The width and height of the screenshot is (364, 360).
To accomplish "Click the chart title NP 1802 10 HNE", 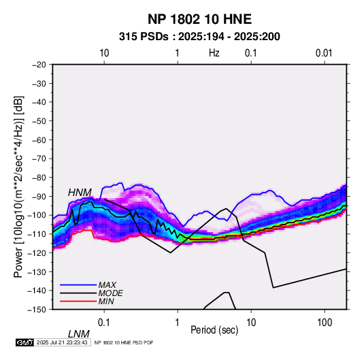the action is click(199, 19).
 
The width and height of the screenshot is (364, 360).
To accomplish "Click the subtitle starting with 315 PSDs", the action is click(199, 37).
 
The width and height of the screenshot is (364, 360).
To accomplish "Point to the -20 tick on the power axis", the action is click(39, 65).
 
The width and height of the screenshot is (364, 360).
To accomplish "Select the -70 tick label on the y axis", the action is click(39, 159).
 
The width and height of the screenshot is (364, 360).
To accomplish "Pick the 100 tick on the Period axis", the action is click(325, 323).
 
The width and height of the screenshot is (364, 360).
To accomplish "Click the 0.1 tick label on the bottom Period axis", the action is click(103, 323).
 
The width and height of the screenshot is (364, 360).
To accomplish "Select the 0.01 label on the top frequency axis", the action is click(324, 53).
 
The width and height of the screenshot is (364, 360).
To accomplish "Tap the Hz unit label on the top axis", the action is click(214, 53).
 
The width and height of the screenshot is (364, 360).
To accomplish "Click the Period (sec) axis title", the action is click(214, 329).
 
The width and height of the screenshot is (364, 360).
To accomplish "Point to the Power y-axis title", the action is click(19, 186).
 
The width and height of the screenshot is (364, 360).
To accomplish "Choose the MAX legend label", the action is click(107, 284).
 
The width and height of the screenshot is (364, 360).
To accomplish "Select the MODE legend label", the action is click(110, 293).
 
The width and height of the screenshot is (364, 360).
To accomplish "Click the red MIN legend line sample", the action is click(78, 301).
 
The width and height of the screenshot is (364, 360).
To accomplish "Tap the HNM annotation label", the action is click(80, 193).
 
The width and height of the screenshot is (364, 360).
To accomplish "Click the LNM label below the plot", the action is click(79, 334).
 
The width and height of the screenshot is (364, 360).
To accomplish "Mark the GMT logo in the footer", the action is click(25, 342).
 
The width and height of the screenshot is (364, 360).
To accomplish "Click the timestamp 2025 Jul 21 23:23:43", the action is click(62, 342).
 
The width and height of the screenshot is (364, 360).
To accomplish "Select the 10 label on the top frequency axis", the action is click(104, 53).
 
